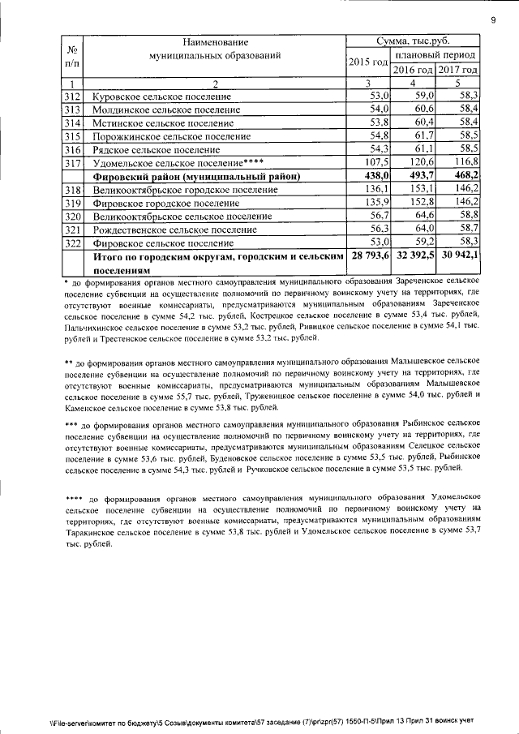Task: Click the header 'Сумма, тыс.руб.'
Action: (x=413, y=41)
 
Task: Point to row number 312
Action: (x=73, y=96)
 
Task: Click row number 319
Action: (x=73, y=202)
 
